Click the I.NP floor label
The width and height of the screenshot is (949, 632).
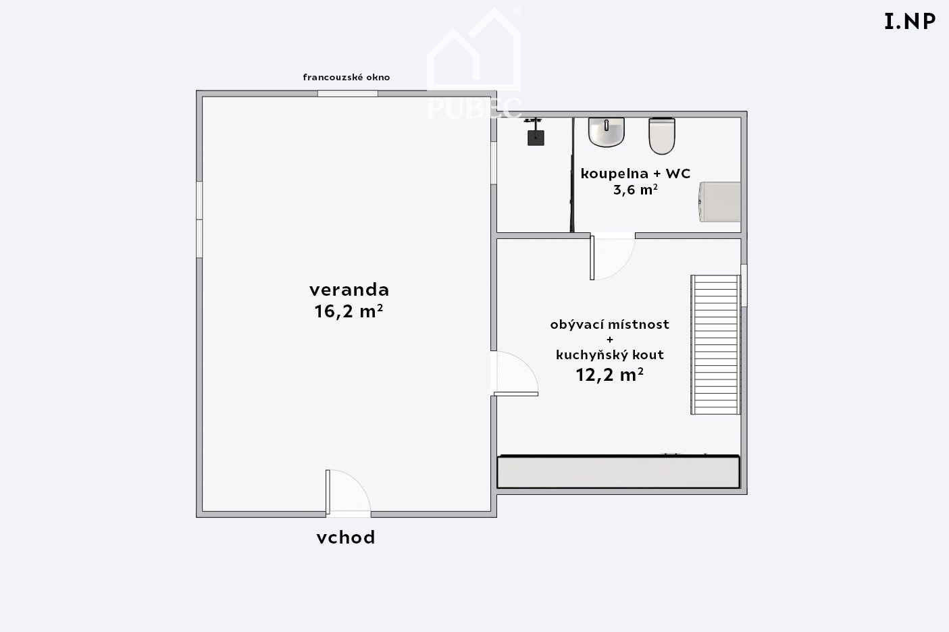pos(910,22)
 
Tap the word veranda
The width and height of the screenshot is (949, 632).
pos(349,290)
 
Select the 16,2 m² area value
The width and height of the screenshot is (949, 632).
pos(349,311)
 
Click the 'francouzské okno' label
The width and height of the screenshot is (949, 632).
pos(346,77)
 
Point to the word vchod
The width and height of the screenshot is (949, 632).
pos(346,537)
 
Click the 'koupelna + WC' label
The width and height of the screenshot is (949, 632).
pos(636,174)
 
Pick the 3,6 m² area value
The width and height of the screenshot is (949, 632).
pos(636,189)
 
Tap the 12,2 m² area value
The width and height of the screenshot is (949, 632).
pos(610,375)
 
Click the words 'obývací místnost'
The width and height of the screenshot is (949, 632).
pos(610,325)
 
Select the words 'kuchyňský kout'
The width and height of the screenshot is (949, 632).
pos(610,354)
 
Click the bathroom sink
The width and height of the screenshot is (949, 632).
pos(607,132)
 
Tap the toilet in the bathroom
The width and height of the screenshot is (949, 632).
pos(662,136)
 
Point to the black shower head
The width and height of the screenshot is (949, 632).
pos(536,138)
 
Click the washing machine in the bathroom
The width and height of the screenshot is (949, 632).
pos(720,202)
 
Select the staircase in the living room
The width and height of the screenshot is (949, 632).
pos(715,344)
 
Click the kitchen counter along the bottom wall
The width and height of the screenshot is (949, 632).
pos(618,471)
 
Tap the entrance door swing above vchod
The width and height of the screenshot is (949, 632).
pos(348,493)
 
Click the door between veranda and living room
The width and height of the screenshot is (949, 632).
pos(515,373)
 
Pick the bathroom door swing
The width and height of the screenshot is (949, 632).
pos(613,257)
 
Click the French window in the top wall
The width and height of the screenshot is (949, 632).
pos(348,94)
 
